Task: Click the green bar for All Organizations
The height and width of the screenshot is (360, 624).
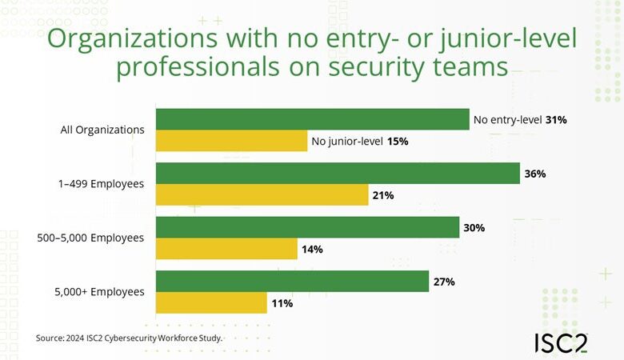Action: pos(312,119)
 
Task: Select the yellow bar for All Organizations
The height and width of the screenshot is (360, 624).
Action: pos(231,142)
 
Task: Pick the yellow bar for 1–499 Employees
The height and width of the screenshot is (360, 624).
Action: pos(262,195)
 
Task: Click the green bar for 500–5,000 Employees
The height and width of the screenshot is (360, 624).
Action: pos(307,227)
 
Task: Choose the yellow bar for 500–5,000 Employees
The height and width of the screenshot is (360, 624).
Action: pos(226,250)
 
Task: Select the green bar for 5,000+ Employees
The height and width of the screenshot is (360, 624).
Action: pos(292,282)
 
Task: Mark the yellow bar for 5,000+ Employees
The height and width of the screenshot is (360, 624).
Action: pos(211,303)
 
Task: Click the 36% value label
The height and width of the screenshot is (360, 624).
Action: pos(535,174)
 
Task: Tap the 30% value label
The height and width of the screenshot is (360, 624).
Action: pos(474,228)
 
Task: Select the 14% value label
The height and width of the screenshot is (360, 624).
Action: pos(312,250)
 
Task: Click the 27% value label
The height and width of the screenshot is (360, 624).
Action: pos(444,282)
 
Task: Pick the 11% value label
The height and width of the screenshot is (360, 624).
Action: pos(282,304)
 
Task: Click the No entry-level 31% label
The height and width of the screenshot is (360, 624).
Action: pos(520,120)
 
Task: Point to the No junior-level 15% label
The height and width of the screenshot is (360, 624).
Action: pos(360,142)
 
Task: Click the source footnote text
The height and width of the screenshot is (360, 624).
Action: pos(129,338)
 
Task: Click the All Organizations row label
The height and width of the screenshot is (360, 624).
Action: pos(102,130)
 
